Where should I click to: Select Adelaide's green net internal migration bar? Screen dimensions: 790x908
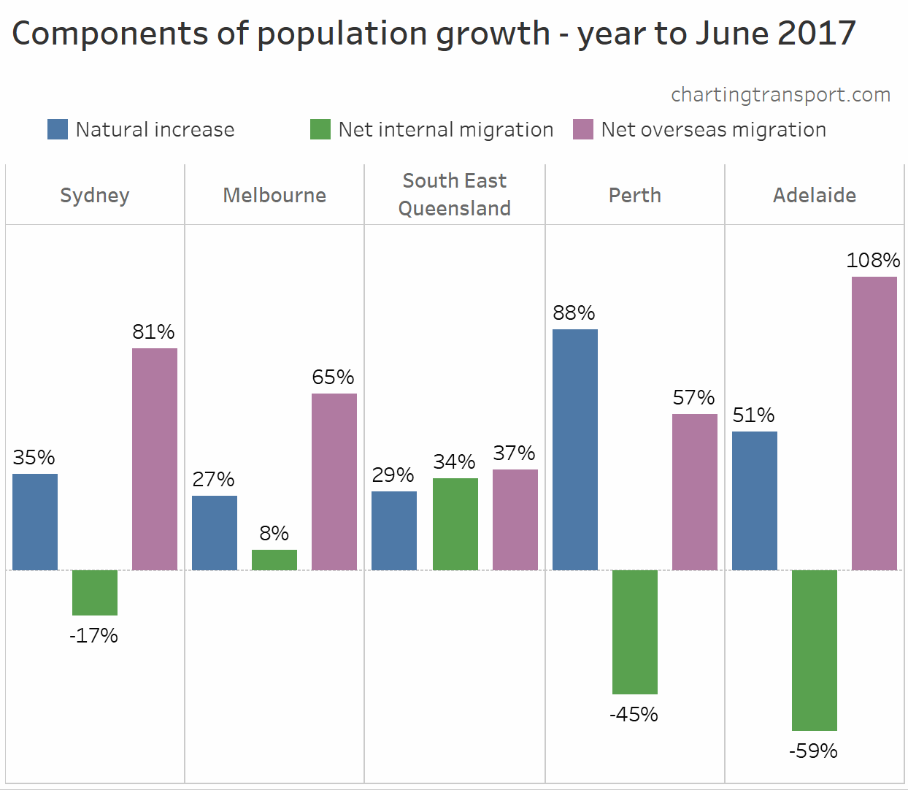tap(814, 650)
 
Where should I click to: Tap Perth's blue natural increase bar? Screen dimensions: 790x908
tap(574, 449)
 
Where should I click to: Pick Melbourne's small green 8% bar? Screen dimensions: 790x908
tap(274, 559)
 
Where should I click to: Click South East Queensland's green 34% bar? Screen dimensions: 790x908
tap(455, 524)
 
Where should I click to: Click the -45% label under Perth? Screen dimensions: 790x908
tap(634, 714)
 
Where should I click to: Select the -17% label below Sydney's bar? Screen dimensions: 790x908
tap(93, 635)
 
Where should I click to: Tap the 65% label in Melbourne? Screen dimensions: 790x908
tap(333, 377)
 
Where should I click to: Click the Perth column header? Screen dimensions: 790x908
tap(634, 195)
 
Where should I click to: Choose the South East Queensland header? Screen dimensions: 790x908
tap(454, 194)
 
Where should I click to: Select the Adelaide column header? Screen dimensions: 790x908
tap(814, 195)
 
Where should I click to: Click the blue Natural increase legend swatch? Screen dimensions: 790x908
tap(58, 129)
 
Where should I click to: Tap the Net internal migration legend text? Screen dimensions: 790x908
tap(445, 130)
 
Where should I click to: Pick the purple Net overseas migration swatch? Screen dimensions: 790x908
tap(583, 129)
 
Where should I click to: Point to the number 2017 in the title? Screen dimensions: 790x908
tap(815, 34)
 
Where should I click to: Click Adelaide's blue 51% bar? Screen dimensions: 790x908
tap(754, 500)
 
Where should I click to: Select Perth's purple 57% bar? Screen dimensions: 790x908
tap(694, 491)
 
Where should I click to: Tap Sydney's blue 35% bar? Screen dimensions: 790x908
tap(34, 521)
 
